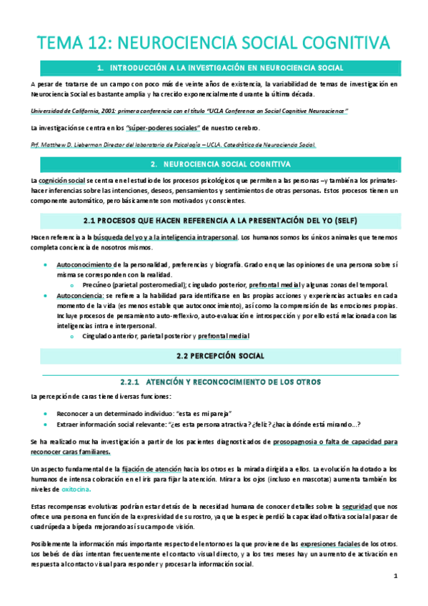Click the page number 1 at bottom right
[x=395, y=575]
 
